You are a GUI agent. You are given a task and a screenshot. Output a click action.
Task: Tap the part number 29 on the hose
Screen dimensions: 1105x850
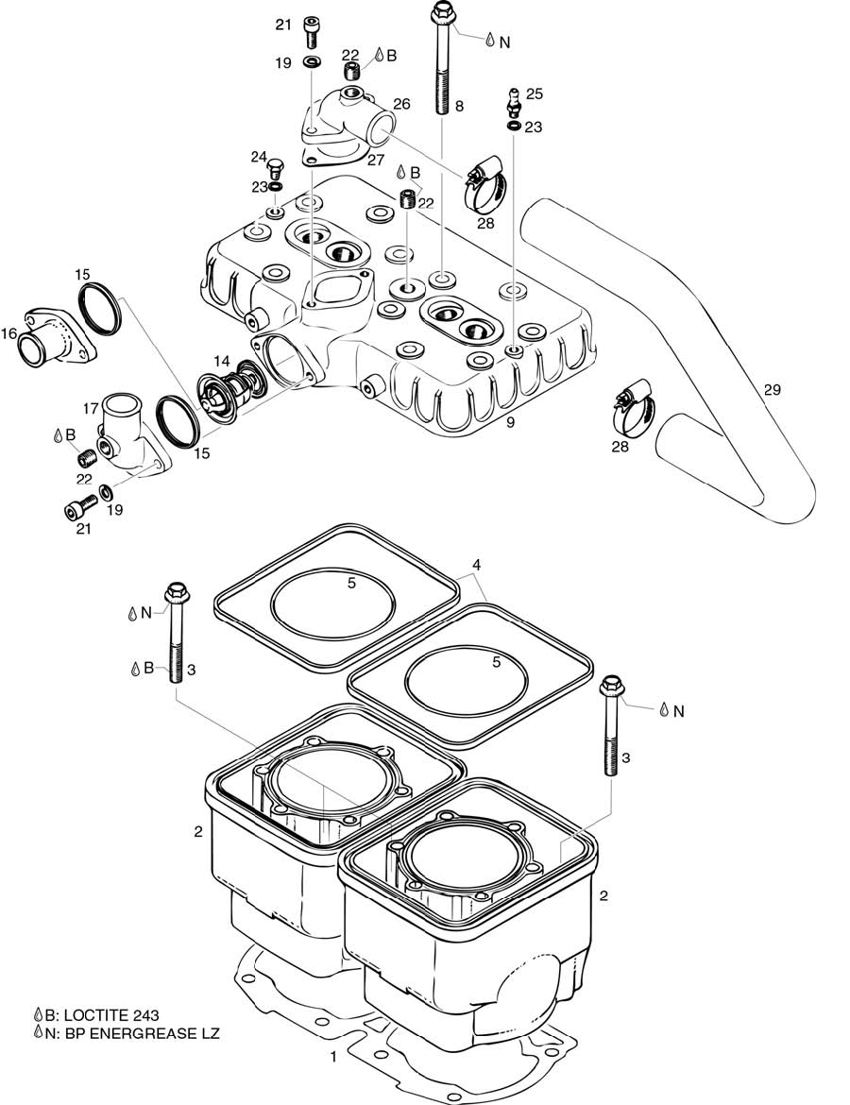coord(773,389)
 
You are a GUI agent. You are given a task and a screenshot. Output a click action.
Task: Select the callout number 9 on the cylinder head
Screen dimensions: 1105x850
coord(510,422)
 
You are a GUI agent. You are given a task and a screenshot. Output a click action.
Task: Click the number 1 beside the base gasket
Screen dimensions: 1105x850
coord(332,1057)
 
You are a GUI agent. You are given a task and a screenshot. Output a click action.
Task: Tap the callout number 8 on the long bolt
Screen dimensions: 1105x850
coord(459,107)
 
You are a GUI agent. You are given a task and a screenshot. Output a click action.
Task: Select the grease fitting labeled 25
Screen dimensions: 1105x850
coord(513,100)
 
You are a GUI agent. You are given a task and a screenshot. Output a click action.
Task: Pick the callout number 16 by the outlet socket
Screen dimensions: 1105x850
coord(9,332)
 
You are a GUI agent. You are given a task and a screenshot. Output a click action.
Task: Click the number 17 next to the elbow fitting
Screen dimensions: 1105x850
coord(91,409)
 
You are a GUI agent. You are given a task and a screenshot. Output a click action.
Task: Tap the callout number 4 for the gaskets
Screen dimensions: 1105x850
coord(477,566)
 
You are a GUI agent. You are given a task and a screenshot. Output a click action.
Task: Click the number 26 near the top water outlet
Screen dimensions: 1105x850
coord(401,104)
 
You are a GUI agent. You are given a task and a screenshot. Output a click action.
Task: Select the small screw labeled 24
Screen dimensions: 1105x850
coord(277,170)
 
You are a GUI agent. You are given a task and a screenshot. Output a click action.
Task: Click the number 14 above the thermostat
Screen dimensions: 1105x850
coord(222,361)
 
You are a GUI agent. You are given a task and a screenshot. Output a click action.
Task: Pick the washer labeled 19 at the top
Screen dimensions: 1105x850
coord(312,62)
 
